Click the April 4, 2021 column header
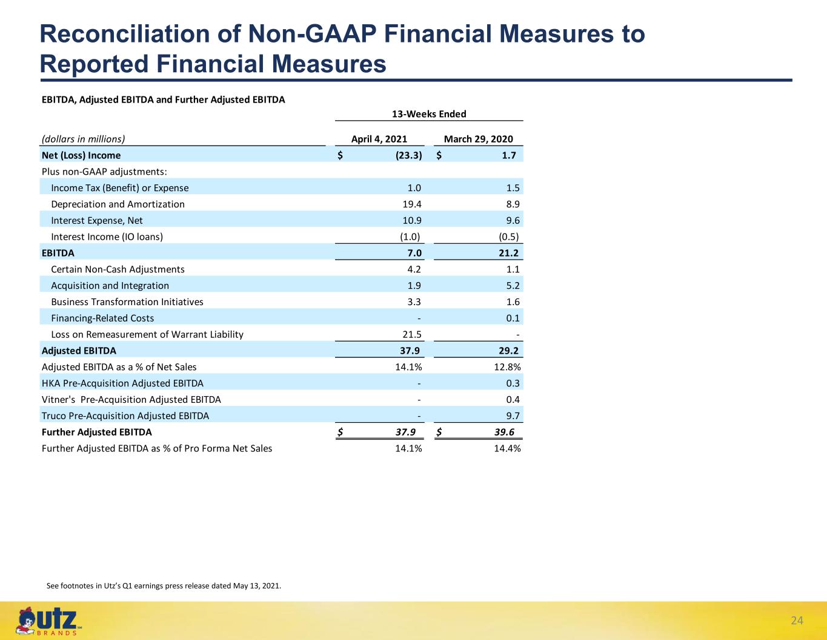379,139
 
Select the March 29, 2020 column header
479,139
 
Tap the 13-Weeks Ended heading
429,114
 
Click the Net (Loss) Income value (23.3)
409,155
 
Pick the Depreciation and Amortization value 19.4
412,204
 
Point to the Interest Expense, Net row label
97,221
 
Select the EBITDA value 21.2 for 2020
508,253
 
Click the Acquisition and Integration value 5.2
513,286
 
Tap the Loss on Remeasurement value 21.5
412,334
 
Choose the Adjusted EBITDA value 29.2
508,351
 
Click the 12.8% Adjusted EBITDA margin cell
507,367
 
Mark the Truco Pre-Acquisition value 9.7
513,416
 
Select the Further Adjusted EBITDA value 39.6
504,432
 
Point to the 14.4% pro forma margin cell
507,448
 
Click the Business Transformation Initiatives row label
127,302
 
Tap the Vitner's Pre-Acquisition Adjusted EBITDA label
131,400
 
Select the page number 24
797,621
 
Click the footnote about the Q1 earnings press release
164,586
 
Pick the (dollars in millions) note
84,139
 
